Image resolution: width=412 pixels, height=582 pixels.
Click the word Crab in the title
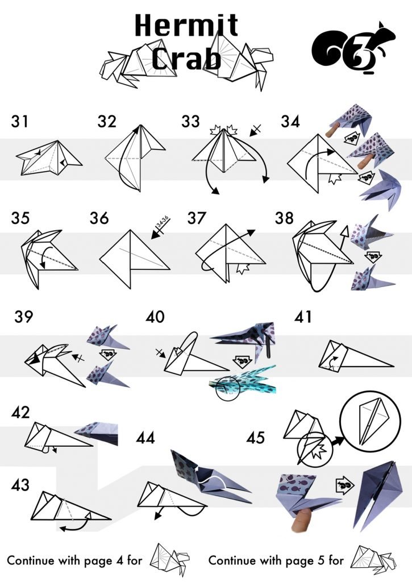(x=186, y=59)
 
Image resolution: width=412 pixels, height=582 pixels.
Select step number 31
(x=20, y=122)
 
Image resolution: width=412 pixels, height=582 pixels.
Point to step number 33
(x=191, y=122)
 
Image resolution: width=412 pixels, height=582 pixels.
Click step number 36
(x=99, y=218)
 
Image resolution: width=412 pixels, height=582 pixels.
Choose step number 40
(x=156, y=317)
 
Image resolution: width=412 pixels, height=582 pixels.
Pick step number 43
(x=20, y=485)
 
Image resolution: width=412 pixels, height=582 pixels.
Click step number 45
(x=256, y=438)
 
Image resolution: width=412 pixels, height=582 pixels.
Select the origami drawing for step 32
(x=135, y=157)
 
